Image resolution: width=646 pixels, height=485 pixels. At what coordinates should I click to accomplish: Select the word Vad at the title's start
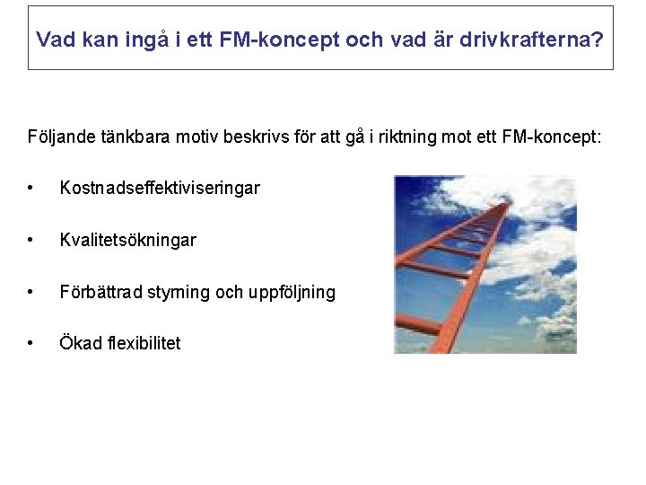[x=53, y=40]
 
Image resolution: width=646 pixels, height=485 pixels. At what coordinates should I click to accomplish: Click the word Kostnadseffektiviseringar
[x=160, y=188]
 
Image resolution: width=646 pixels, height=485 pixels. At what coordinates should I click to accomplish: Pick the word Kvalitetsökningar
[x=127, y=240]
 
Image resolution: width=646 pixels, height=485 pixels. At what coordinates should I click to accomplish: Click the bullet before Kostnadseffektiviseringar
[x=31, y=189]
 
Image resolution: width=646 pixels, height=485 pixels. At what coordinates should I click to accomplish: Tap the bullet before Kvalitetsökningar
[x=31, y=241]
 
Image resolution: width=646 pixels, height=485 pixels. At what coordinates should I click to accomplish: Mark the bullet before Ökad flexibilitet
[x=31, y=344]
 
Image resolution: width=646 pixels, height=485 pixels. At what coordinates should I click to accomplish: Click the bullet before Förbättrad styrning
[x=31, y=293]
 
